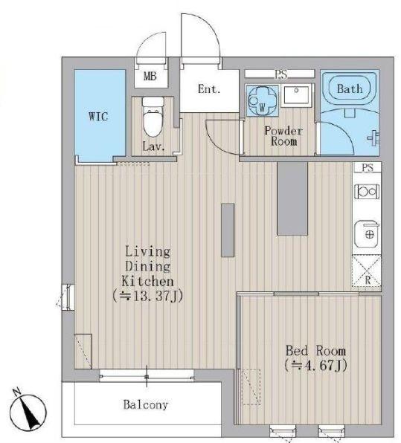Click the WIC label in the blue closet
[98, 117]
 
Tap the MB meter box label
[150, 76]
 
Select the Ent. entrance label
[209, 89]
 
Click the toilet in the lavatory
[153, 117]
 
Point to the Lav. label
[153, 146]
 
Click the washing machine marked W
[262, 100]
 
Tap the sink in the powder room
[296, 95]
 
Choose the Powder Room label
[283, 135]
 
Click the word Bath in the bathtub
[350, 88]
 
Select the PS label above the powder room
[280, 74]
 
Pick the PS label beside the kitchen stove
[368, 167]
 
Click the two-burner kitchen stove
[367, 192]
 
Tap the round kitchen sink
[367, 233]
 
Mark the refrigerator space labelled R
[367, 271]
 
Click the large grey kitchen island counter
[292, 198]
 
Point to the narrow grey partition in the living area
[228, 230]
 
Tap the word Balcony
[146, 404]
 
